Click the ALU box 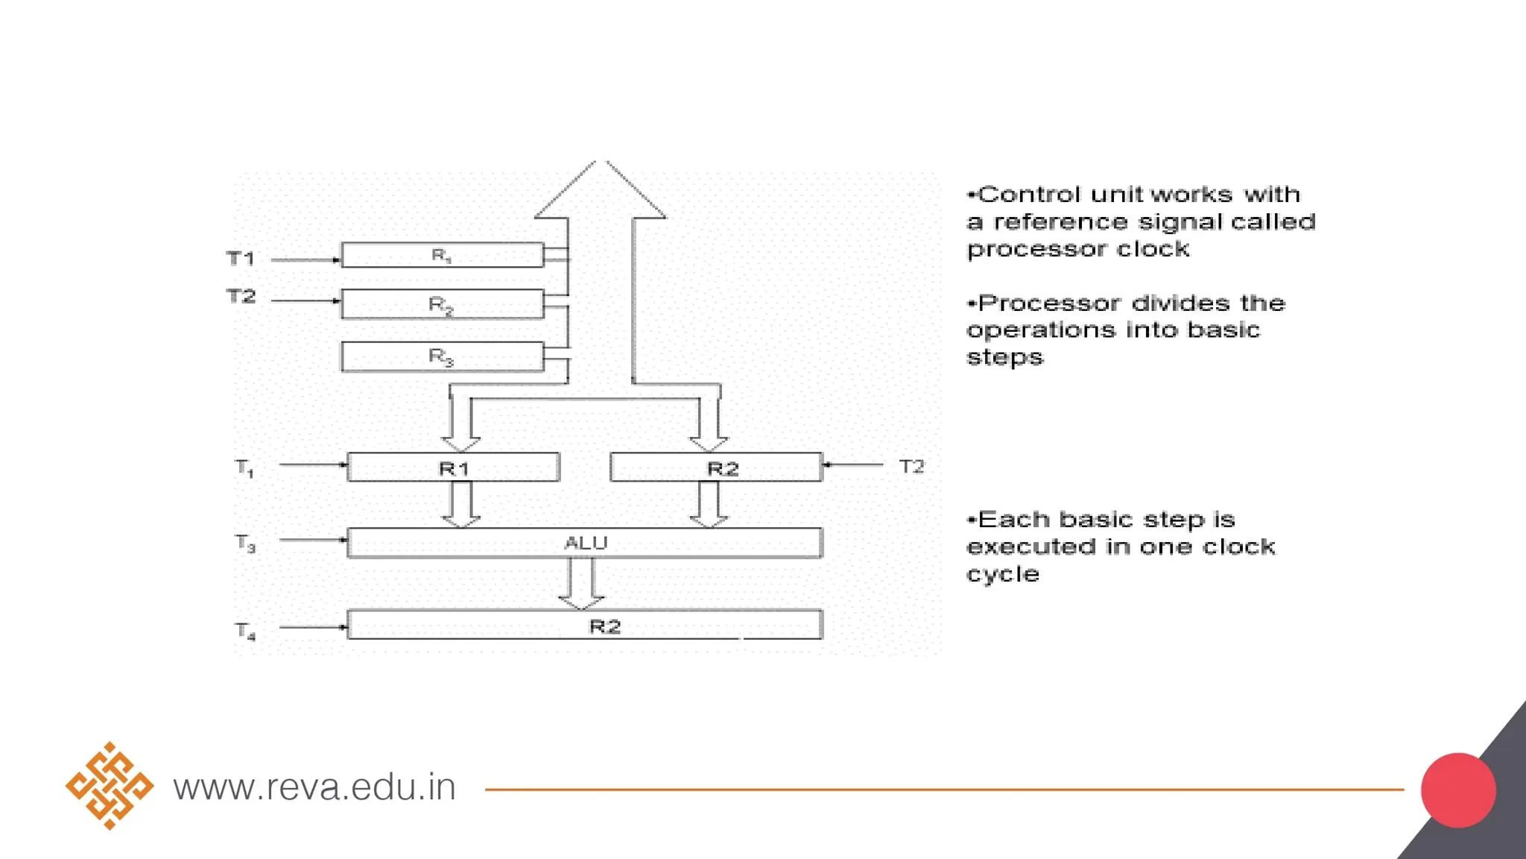point(585,543)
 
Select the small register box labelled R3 point(442,356)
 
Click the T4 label point(245,631)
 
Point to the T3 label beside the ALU point(245,543)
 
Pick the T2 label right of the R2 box point(911,467)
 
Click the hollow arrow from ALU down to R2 point(581,583)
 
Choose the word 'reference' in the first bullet point(1061,222)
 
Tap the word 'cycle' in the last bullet point(1003,575)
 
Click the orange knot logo point(110,786)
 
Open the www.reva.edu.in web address point(314,787)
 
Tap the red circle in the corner point(1458,790)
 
